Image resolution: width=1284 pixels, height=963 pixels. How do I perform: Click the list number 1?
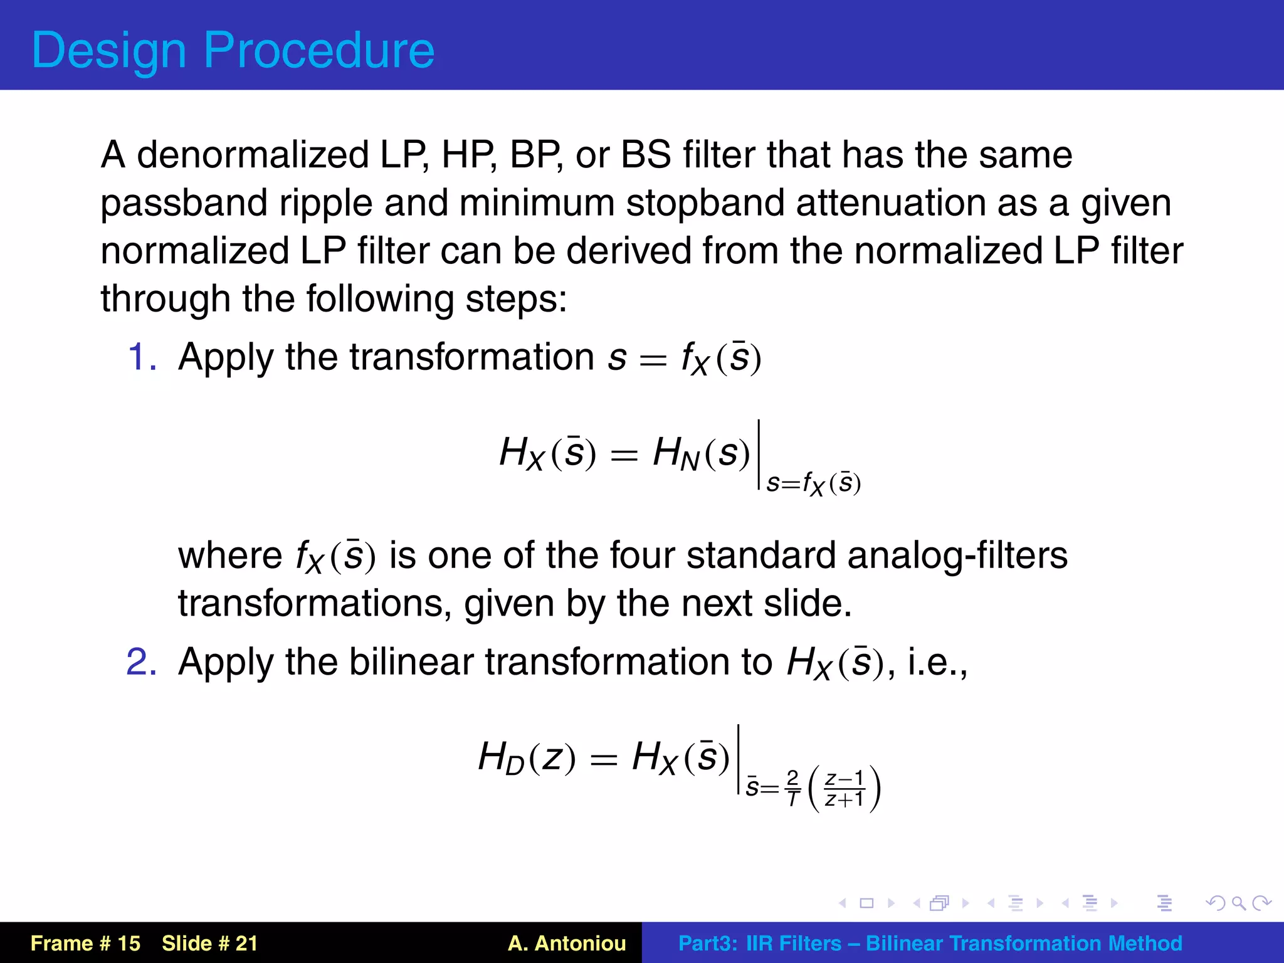point(142,357)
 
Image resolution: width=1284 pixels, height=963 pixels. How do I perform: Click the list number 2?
point(142,662)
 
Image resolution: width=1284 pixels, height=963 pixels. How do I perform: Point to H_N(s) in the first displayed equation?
point(701,453)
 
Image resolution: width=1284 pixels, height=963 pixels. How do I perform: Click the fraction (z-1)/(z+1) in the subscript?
point(845,789)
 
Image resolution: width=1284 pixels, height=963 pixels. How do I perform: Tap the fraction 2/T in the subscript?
point(792,788)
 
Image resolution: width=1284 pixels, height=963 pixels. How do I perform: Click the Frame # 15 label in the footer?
point(85,944)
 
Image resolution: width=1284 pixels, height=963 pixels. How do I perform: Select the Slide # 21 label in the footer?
point(209,944)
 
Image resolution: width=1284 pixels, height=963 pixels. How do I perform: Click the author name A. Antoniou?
point(567,944)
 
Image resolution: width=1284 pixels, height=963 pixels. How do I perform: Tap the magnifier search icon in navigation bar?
point(1238,903)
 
